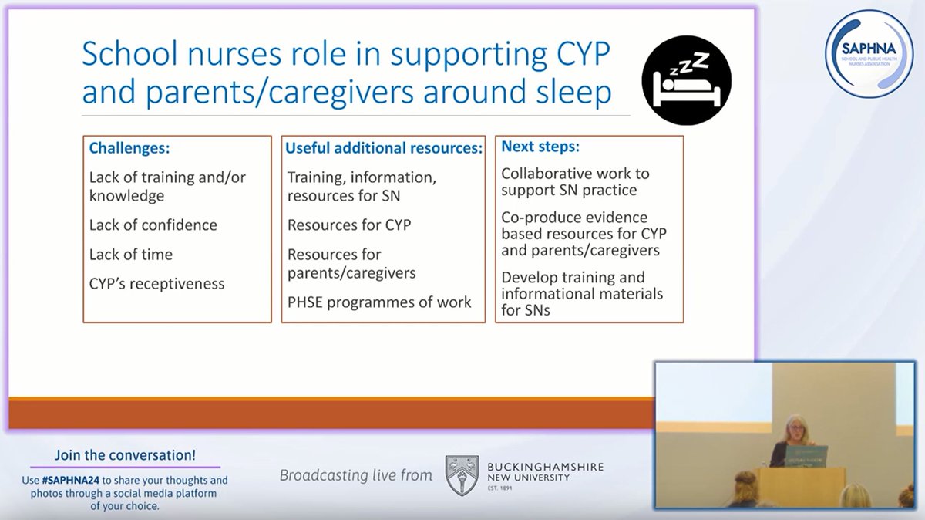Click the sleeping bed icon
coord(685,79)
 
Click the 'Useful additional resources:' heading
coord(384,147)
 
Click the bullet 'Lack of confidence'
coord(153,225)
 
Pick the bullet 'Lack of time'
coord(131,255)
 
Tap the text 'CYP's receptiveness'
coord(157,284)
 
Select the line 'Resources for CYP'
coord(349,225)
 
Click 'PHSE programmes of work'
coord(379,302)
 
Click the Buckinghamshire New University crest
coord(462,474)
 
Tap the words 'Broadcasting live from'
coord(355,475)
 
